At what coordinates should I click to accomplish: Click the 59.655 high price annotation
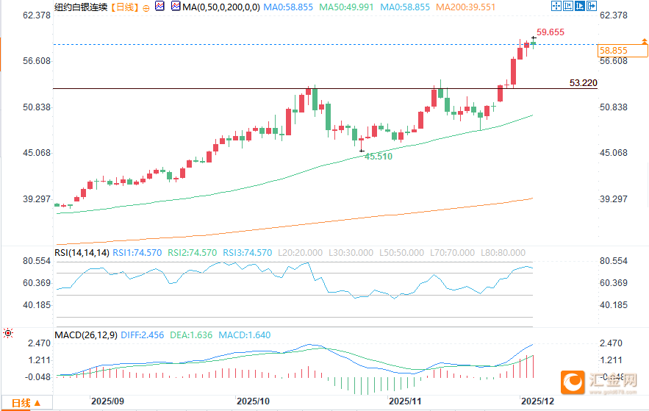[x=551, y=32]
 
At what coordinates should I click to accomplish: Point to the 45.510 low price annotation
[x=379, y=157]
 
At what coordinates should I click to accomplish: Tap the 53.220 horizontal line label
[x=583, y=83]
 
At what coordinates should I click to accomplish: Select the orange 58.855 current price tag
[x=613, y=51]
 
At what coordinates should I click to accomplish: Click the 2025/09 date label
[x=106, y=401]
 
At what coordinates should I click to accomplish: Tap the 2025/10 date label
[x=254, y=401]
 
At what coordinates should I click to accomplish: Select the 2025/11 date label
[x=404, y=401]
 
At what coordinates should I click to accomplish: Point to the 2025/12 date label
[x=537, y=401]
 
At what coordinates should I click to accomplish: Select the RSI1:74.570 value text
[x=138, y=252]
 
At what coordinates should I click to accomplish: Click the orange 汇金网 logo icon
[x=573, y=381]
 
